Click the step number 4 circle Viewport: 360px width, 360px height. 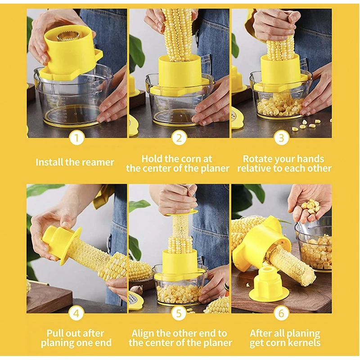click(x=76, y=313)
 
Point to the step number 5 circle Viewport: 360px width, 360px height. click(x=179, y=313)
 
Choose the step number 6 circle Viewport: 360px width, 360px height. click(x=282, y=313)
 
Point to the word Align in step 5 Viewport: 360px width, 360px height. click(x=144, y=333)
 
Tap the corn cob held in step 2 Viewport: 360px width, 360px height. click(x=179, y=34)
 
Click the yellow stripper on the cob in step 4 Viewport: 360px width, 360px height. click(x=63, y=243)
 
